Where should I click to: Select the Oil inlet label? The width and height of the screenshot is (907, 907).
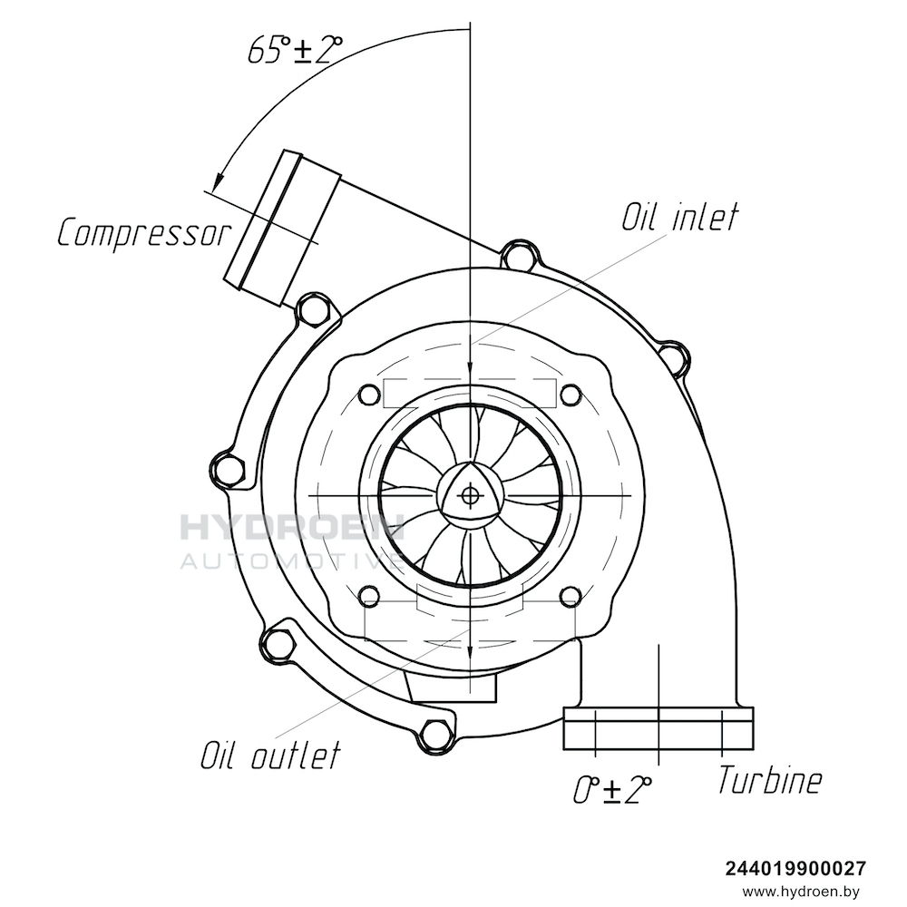pos(679,218)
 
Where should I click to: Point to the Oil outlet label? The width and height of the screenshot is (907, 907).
pos(270,754)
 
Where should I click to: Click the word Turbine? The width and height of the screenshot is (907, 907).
pos(771,779)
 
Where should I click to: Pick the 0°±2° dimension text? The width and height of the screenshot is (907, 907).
pos(613,789)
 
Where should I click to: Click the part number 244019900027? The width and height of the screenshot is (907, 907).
pos(795,868)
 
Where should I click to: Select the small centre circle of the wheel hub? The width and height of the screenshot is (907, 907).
pos(469,495)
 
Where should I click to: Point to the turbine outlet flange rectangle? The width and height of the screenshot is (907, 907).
pos(658,728)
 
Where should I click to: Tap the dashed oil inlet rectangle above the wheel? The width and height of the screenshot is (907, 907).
pos(470,393)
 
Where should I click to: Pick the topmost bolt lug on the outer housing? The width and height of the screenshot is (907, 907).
pos(518,257)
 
